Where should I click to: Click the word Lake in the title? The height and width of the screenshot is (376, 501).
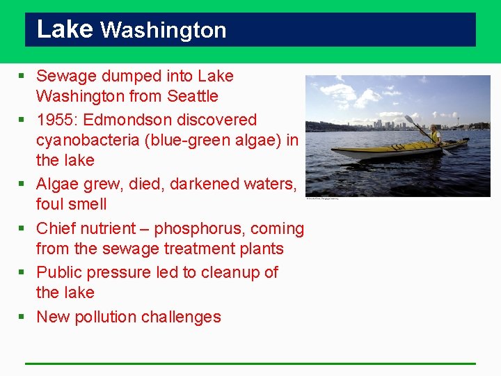click(64, 29)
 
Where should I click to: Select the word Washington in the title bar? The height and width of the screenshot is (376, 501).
click(164, 31)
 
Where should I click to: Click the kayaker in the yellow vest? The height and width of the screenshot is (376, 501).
click(435, 134)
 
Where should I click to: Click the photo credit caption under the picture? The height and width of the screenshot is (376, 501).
click(321, 198)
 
